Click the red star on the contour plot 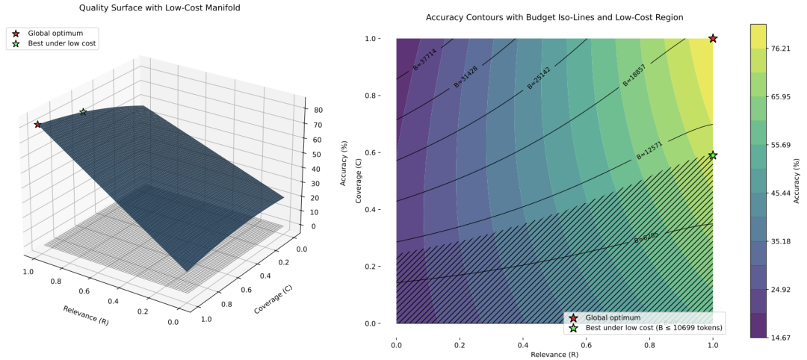click(713, 38)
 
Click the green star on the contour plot click(713, 155)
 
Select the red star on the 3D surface click(37, 124)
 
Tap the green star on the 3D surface click(83, 112)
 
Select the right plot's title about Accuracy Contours click(554, 16)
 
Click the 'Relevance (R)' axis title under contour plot click(554, 353)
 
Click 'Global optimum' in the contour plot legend click(613, 317)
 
